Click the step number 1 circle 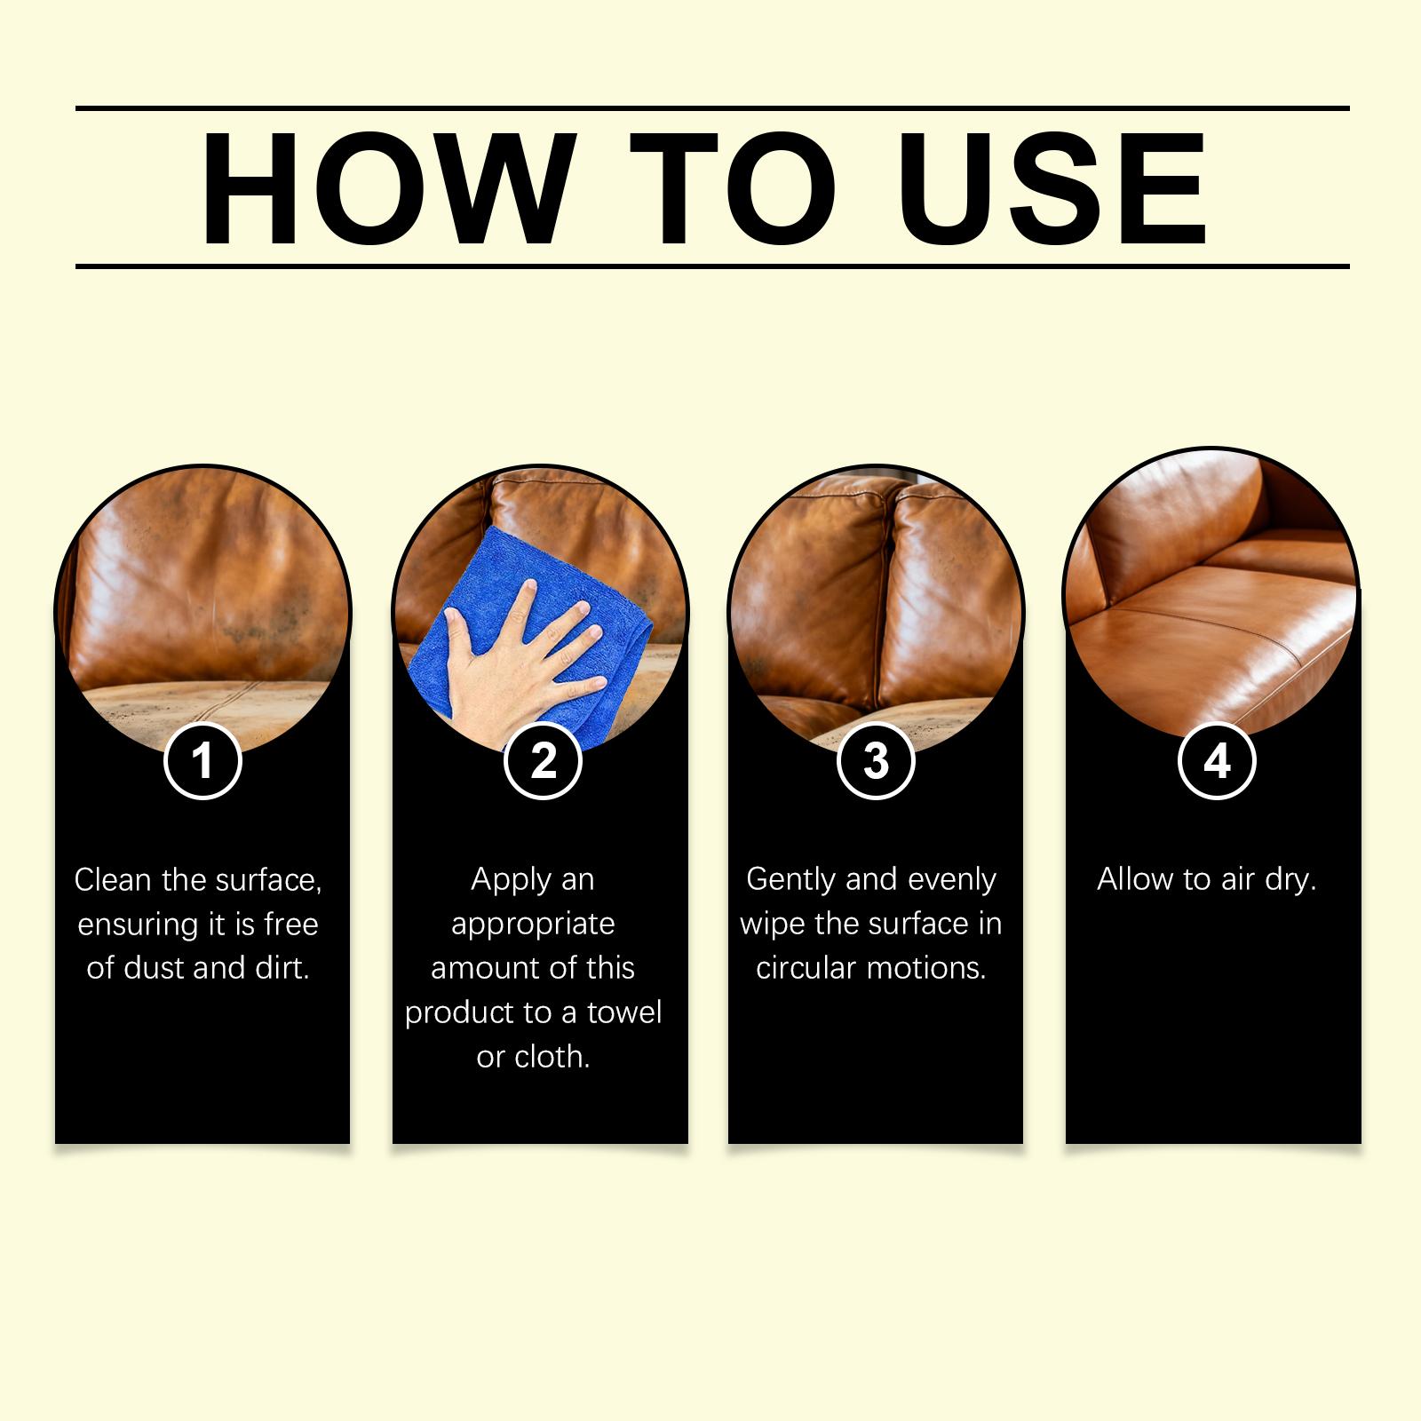203,761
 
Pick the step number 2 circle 543,761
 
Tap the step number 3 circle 877,761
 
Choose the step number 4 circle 1217,761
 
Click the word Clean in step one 114,879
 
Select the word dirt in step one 284,968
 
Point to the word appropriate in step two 533,925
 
